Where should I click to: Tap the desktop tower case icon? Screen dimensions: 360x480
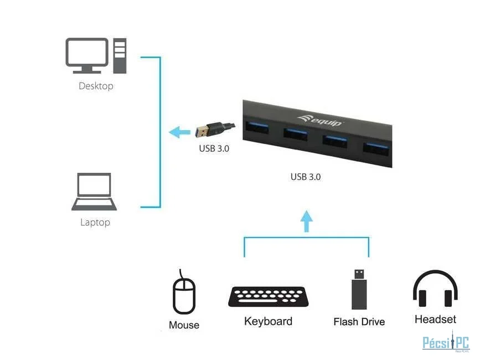coord(120,55)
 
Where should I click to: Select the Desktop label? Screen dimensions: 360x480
coord(96,86)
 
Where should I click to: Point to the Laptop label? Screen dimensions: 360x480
coord(95,222)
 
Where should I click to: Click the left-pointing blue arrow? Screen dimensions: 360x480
coord(179,132)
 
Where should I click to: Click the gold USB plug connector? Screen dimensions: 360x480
coord(204,131)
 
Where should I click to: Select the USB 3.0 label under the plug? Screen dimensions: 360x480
coord(214,148)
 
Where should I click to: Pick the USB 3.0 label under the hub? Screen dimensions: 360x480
coord(306,177)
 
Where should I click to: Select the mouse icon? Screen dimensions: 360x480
coord(184,294)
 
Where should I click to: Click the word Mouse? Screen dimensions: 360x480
coord(184,325)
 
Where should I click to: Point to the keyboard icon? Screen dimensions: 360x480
coord(268,297)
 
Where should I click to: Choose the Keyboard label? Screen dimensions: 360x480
coord(268,321)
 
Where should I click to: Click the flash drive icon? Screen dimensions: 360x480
coord(359,289)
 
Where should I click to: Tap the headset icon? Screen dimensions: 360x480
coord(435,289)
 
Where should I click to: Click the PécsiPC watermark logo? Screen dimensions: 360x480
coord(446,343)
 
